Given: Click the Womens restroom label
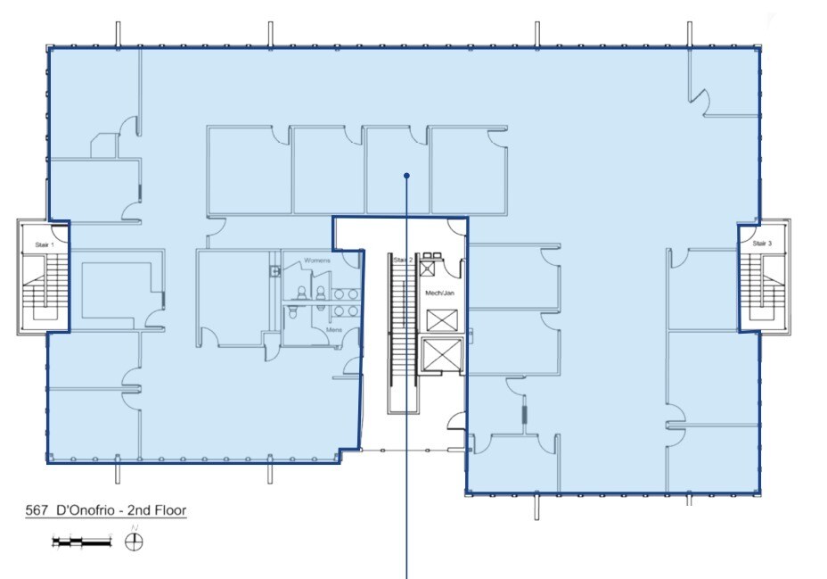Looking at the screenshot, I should pos(318,260).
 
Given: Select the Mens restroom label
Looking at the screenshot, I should pos(334,330).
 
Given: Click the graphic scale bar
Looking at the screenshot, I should pos(82,541).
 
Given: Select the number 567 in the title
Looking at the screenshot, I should pos(37,511).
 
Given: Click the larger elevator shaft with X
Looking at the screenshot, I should pos(440,355).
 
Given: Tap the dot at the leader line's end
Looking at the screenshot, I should pos(406,176).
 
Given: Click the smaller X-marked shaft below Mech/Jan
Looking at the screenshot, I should pos(440,319).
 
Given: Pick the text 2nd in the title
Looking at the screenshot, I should pos(135,511).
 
